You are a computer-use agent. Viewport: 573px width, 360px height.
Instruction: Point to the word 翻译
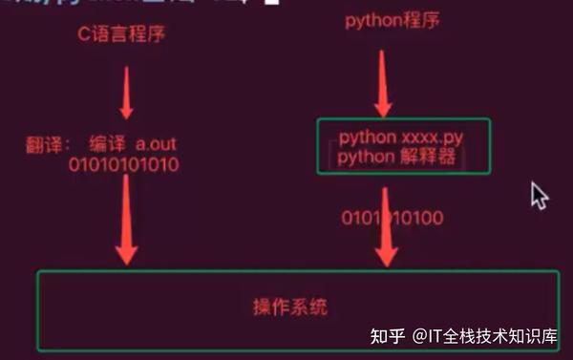pos(44,146)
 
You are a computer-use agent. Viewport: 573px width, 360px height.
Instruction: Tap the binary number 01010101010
pos(123,165)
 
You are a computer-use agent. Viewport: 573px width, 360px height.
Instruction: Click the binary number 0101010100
pos(392,219)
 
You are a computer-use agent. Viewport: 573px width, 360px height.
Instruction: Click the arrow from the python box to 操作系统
pos(386,229)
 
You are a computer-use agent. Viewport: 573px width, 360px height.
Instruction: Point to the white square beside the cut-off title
pos(247,4)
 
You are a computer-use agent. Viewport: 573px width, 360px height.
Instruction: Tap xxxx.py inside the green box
pos(427,138)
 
